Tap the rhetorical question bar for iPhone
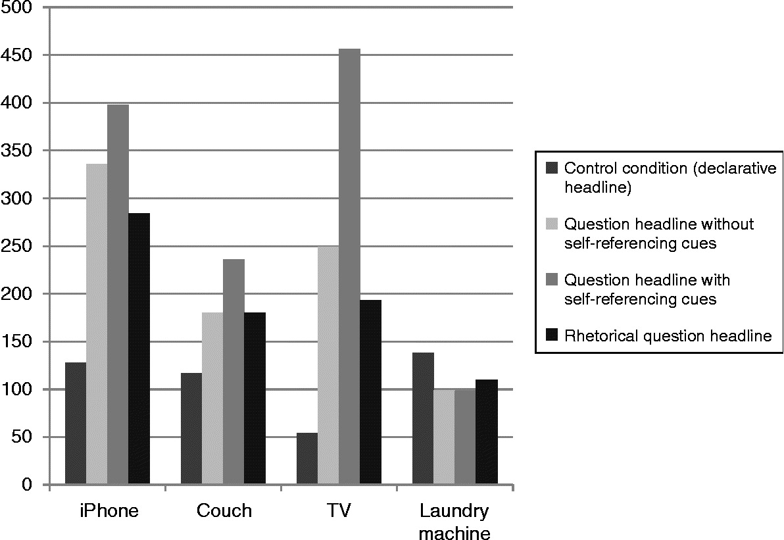click(139, 349)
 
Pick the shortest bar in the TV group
click(307, 458)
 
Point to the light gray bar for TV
click(328, 365)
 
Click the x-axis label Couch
click(224, 511)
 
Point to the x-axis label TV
click(339, 511)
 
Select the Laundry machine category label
click(454, 521)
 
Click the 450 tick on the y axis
click(18, 55)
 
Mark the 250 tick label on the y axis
click(18, 247)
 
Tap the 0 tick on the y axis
click(27, 485)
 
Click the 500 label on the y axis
click(18, 8)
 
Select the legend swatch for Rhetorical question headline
click(552, 336)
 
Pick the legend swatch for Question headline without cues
click(552, 224)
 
